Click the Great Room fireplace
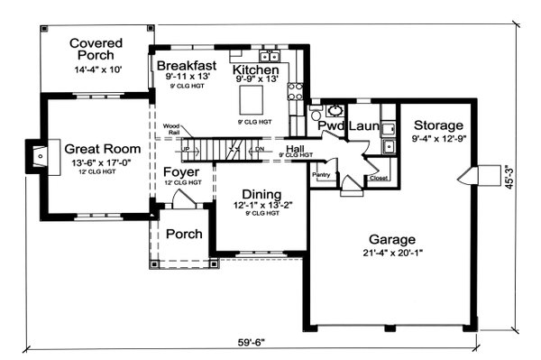(36, 155)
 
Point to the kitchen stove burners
(294, 89)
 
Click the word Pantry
(320, 174)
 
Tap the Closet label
(380, 179)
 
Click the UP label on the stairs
(187, 148)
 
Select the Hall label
(295, 148)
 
